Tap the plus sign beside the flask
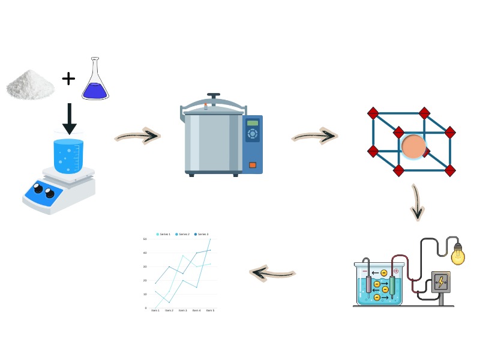pos(68,78)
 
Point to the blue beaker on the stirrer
pos(68,156)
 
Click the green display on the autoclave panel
pos(253,123)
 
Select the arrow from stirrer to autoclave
pos(137,137)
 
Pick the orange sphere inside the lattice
pos(413,146)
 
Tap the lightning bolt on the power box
pos(441,282)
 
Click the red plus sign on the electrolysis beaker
pos(396,271)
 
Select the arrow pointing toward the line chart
pos(273,274)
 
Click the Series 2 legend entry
pos(182,234)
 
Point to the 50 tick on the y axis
pos(145,239)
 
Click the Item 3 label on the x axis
pos(182,310)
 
